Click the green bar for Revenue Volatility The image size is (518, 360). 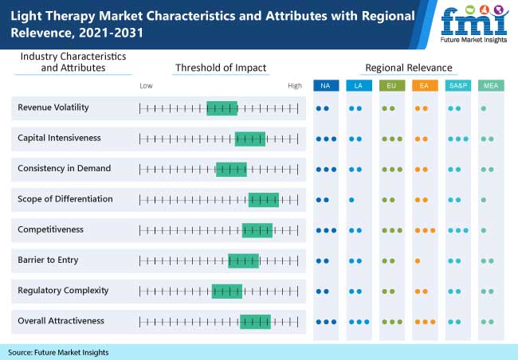tap(222, 108)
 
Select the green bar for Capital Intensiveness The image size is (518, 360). tap(250, 139)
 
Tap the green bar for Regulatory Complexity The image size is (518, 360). tap(226, 291)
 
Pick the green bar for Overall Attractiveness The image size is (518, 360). tap(255, 321)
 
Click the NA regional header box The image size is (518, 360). tap(325, 84)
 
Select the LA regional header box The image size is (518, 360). tap(358, 84)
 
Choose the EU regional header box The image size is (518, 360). tap(390, 84)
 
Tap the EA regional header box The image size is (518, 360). tap(423, 84)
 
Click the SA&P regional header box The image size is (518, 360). tap(457, 84)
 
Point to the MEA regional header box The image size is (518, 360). tap(489, 84)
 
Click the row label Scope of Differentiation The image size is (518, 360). tap(65, 199)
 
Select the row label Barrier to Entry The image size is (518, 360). tap(48, 260)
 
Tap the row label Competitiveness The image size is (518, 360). tap(50, 229)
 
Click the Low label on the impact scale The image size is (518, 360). tap(146, 85)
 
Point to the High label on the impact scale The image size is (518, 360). tap(295, 85)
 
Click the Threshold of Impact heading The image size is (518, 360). tap(221, 68)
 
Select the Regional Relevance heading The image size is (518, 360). tap(408, 68)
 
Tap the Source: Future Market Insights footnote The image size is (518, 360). tap(58, 352)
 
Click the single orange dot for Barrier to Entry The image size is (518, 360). tap(418, 260)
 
